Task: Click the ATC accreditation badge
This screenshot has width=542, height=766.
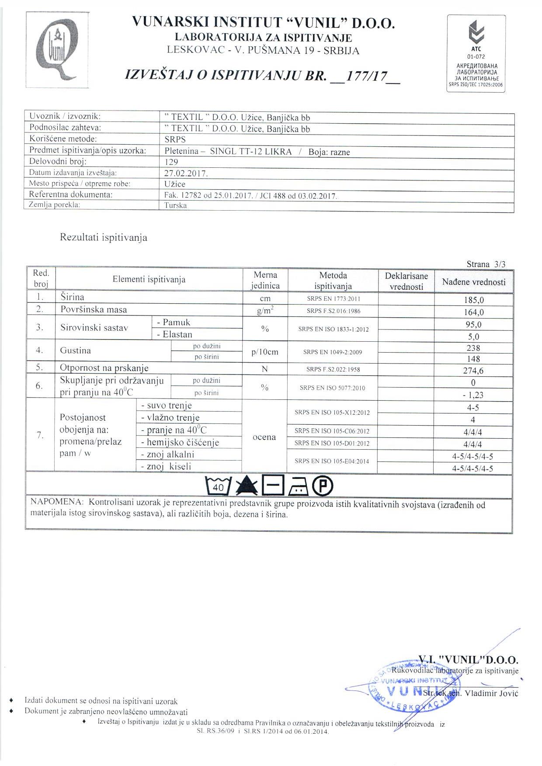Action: pyautogui.click(x=476, y=53)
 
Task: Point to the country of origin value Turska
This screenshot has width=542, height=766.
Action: pyautogui.click(x=176, y=205)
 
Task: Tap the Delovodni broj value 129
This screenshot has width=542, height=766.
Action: pyautogui.click(x=172, y=162)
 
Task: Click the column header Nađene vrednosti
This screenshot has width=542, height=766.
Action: pyautogui.click(x=473, y=282)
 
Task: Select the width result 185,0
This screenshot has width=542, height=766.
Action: pyautogui.click(x=473, y=300)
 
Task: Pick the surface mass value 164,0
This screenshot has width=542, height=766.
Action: pyautogui.click(x=473, y=312)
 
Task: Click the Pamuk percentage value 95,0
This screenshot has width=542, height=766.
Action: pyautogui.click(x=473, y=324)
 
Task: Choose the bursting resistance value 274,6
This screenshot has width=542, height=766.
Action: pyautogui.click(x=473, y=371)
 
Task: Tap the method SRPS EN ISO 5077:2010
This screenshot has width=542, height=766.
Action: pyautogui.click(x=332, y=388)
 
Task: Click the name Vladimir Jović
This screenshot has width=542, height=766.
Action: pyautogui.click(x=491, y=693)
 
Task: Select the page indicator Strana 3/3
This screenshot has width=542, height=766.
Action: pyautogui.click(x=486, y=264)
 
